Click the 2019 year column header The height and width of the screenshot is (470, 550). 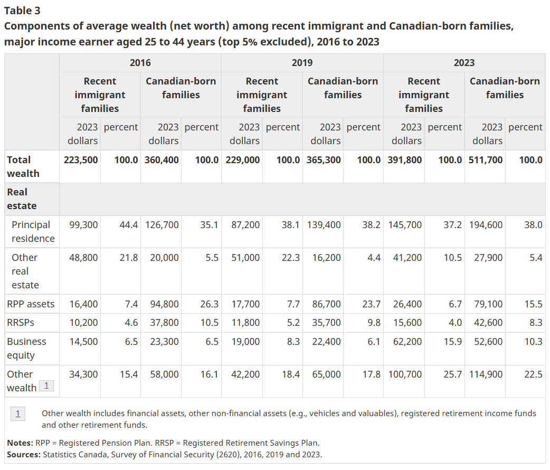(302, 63)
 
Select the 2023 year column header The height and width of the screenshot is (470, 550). (464, 63)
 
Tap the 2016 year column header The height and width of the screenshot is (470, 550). (140, 63)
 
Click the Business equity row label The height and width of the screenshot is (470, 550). (26, 348)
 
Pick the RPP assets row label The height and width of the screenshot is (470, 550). (31, 304)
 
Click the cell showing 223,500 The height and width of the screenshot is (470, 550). (81, 160)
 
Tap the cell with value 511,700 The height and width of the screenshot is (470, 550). (486, 160)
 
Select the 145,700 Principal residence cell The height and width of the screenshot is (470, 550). (405, 225)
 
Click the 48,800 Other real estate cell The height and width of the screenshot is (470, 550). (83, 258)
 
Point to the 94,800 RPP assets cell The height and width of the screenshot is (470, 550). (164, 304)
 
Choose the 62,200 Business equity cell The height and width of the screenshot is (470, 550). (407, 342)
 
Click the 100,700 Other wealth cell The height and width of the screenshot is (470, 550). (405, 374)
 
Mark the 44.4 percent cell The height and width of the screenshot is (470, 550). (128, 225)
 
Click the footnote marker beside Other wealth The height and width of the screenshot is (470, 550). (46, 386)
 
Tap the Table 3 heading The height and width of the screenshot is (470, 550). (22, 11)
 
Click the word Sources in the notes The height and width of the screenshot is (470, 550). (23, 455)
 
